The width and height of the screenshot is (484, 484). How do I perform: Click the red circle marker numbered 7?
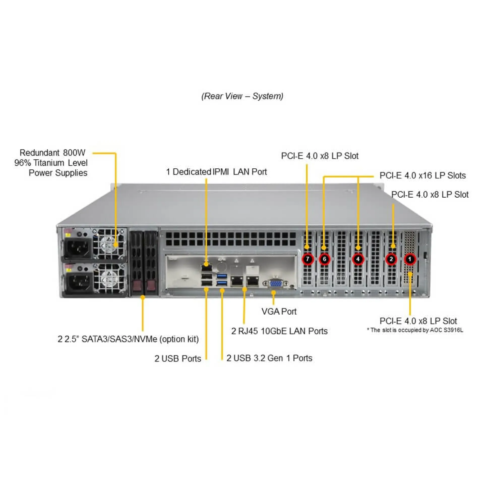click(x=308, y=259)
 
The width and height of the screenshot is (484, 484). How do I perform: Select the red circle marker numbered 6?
click(x=324, y=259)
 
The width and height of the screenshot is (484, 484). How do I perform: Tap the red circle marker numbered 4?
click(x=358, y=259)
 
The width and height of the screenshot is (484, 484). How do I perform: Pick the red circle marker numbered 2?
click(x=391, y=259)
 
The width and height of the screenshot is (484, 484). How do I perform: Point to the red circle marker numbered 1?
click(x=410, y=259)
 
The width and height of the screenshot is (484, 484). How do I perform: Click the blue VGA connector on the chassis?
click(x=276, y=284)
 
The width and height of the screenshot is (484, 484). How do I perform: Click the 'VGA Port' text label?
click(x=279, y=312)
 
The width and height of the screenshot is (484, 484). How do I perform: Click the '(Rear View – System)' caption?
click(x=242, y=96)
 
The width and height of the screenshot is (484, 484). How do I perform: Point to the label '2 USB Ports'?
click(x=178, y=358)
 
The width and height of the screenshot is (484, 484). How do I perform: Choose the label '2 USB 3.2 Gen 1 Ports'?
click(x=269, y=358)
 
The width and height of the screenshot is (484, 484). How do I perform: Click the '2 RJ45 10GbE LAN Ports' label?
click(x=279, y=331)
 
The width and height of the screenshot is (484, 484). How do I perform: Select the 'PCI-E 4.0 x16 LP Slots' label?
click(x=422, y=175)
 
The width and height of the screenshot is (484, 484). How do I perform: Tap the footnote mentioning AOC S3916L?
click(x=415, y=330)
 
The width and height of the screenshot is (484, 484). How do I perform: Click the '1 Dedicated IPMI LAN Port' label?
click(x=216, y=172)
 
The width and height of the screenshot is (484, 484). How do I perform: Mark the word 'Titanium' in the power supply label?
click(x=49, y=163)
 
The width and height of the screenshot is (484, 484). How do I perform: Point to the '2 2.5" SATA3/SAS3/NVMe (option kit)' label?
click(x=128, y=339)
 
